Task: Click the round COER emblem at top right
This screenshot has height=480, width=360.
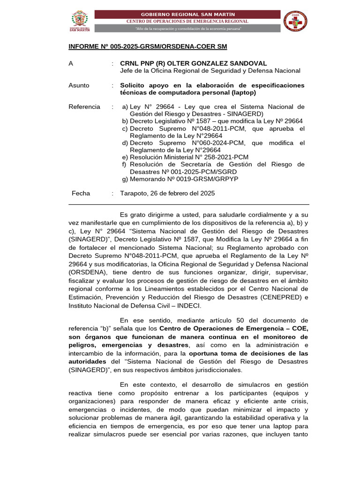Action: [296, 21]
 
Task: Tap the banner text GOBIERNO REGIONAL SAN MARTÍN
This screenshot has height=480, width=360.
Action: [187, 14]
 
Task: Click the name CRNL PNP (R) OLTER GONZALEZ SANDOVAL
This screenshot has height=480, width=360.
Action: [194, 63]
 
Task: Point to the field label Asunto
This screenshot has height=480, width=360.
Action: [79, 85]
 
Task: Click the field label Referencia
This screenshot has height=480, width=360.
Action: [84, 107]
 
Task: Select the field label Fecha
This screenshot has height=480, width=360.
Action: [81, 193]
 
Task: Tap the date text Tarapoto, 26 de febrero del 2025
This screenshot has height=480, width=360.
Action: [167, 193]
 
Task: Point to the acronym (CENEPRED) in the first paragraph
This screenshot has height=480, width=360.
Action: [276, 297]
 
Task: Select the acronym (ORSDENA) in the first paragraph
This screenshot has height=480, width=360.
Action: [88, 272]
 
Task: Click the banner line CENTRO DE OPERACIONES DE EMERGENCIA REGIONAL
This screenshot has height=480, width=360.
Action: [187, 22]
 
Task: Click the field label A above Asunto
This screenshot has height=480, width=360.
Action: [71, 63]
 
